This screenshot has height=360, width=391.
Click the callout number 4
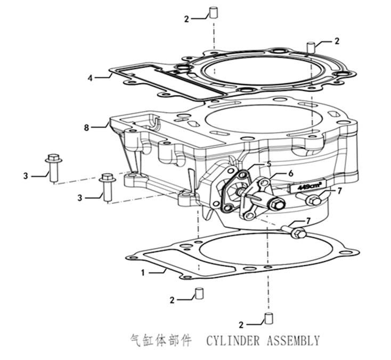(x=91, y=78)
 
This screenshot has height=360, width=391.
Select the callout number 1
(x=143, y=272)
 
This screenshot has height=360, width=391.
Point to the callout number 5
(x=269, y=164)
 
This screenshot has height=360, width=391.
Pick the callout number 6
(x=290, y=173)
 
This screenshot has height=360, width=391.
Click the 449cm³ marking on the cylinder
(x=307, y=187)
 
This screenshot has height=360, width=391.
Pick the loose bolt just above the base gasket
(x=296, y=233)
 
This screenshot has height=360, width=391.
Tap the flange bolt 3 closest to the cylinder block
(x=107, y=186)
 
